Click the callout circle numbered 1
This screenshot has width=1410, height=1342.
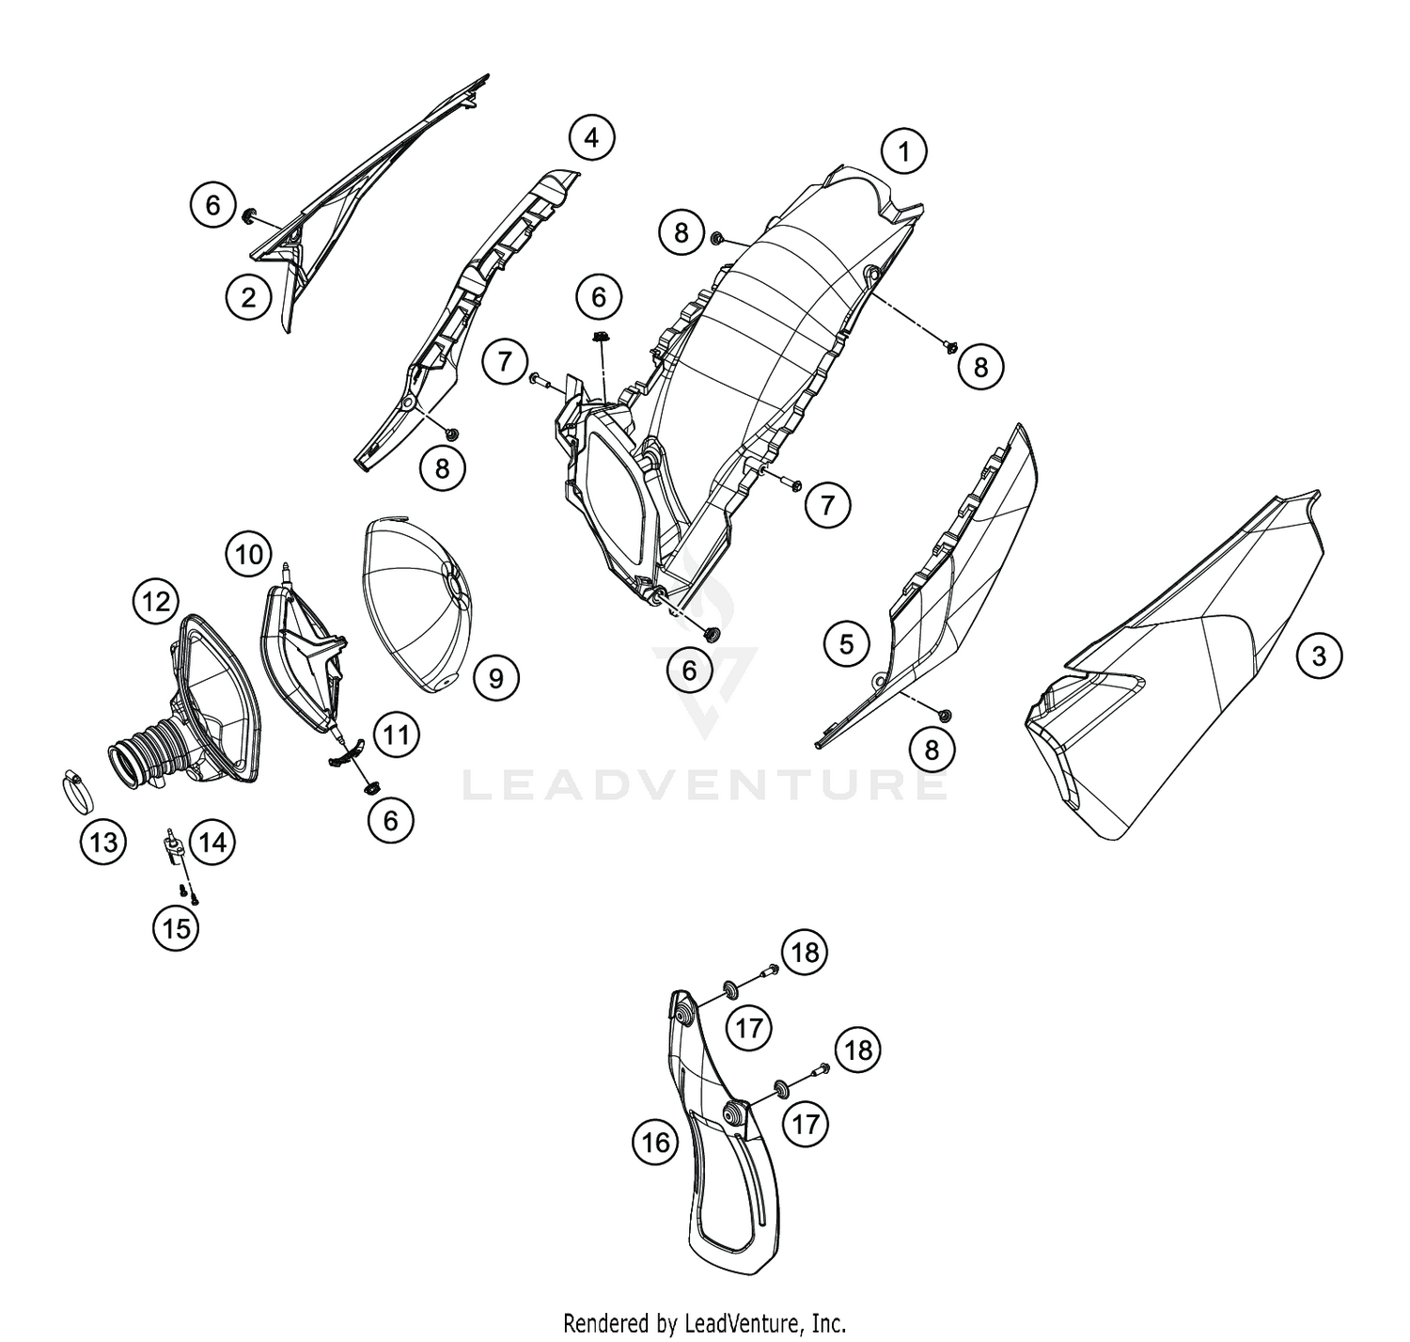pos(903,151)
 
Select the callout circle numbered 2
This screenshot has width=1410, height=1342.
pos(248,297)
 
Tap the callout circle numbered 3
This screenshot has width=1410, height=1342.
pos(1318,655)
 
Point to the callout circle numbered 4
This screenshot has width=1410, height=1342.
pos(591,137)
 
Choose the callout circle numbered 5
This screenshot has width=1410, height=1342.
pos(846,644)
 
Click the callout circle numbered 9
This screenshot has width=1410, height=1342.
pos(495,677)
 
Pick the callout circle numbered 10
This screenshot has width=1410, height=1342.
pos(249,554)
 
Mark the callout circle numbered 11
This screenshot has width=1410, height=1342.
pos(396,734)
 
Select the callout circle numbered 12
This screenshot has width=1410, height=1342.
pos(156,601)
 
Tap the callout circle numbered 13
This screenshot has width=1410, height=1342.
pos(103,841)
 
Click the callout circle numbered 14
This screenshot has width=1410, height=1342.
pos(212,841)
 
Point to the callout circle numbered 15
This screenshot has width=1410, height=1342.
pos(177,928)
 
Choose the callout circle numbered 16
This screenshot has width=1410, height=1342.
pos(655,1142)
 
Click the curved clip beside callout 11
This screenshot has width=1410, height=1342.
pos(347,753)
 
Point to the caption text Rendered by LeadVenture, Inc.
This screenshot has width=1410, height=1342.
pos(704,1322)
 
